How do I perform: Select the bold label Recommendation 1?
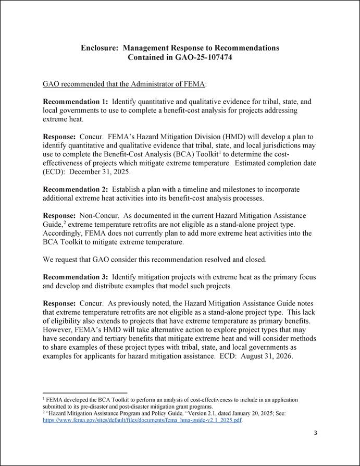(76, 101)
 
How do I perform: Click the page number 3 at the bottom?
(316, 433)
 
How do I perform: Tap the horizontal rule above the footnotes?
(85, 393)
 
